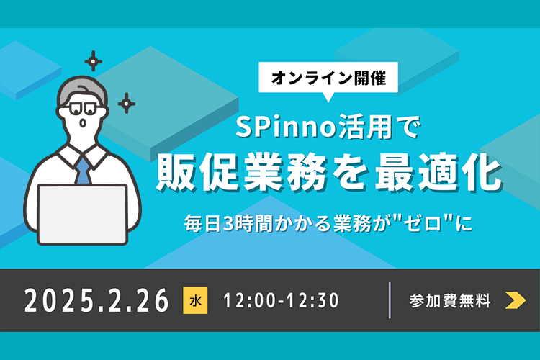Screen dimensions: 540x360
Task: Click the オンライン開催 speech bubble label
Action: (x=328, y=78)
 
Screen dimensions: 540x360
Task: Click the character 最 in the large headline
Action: (x=396, y=172)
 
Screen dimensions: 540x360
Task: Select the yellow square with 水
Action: (x=195, y=300)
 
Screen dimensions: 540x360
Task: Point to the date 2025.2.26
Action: (x=96, y=300)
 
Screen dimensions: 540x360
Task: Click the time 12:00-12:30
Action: (x=281, y=300)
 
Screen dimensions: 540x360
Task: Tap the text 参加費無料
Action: (x=450, y=300)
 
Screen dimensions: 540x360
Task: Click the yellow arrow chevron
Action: (x=516, y=300)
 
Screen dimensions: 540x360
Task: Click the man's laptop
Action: (x=83, y=215)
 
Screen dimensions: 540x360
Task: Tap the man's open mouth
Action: (x=83, y=123)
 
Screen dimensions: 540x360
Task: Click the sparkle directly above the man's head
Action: (x=94, y=61)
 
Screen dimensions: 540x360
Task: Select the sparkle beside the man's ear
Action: (x=127, y=103)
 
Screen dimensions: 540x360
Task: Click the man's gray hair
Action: (x=83, y=89)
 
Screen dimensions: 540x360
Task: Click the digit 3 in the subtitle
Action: (x=228, y=224)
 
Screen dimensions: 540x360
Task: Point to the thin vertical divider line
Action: (x=390, y=300)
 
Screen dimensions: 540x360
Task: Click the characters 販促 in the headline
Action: (x=197, y=172)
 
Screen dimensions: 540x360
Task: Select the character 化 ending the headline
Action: (x=482, y=172)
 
